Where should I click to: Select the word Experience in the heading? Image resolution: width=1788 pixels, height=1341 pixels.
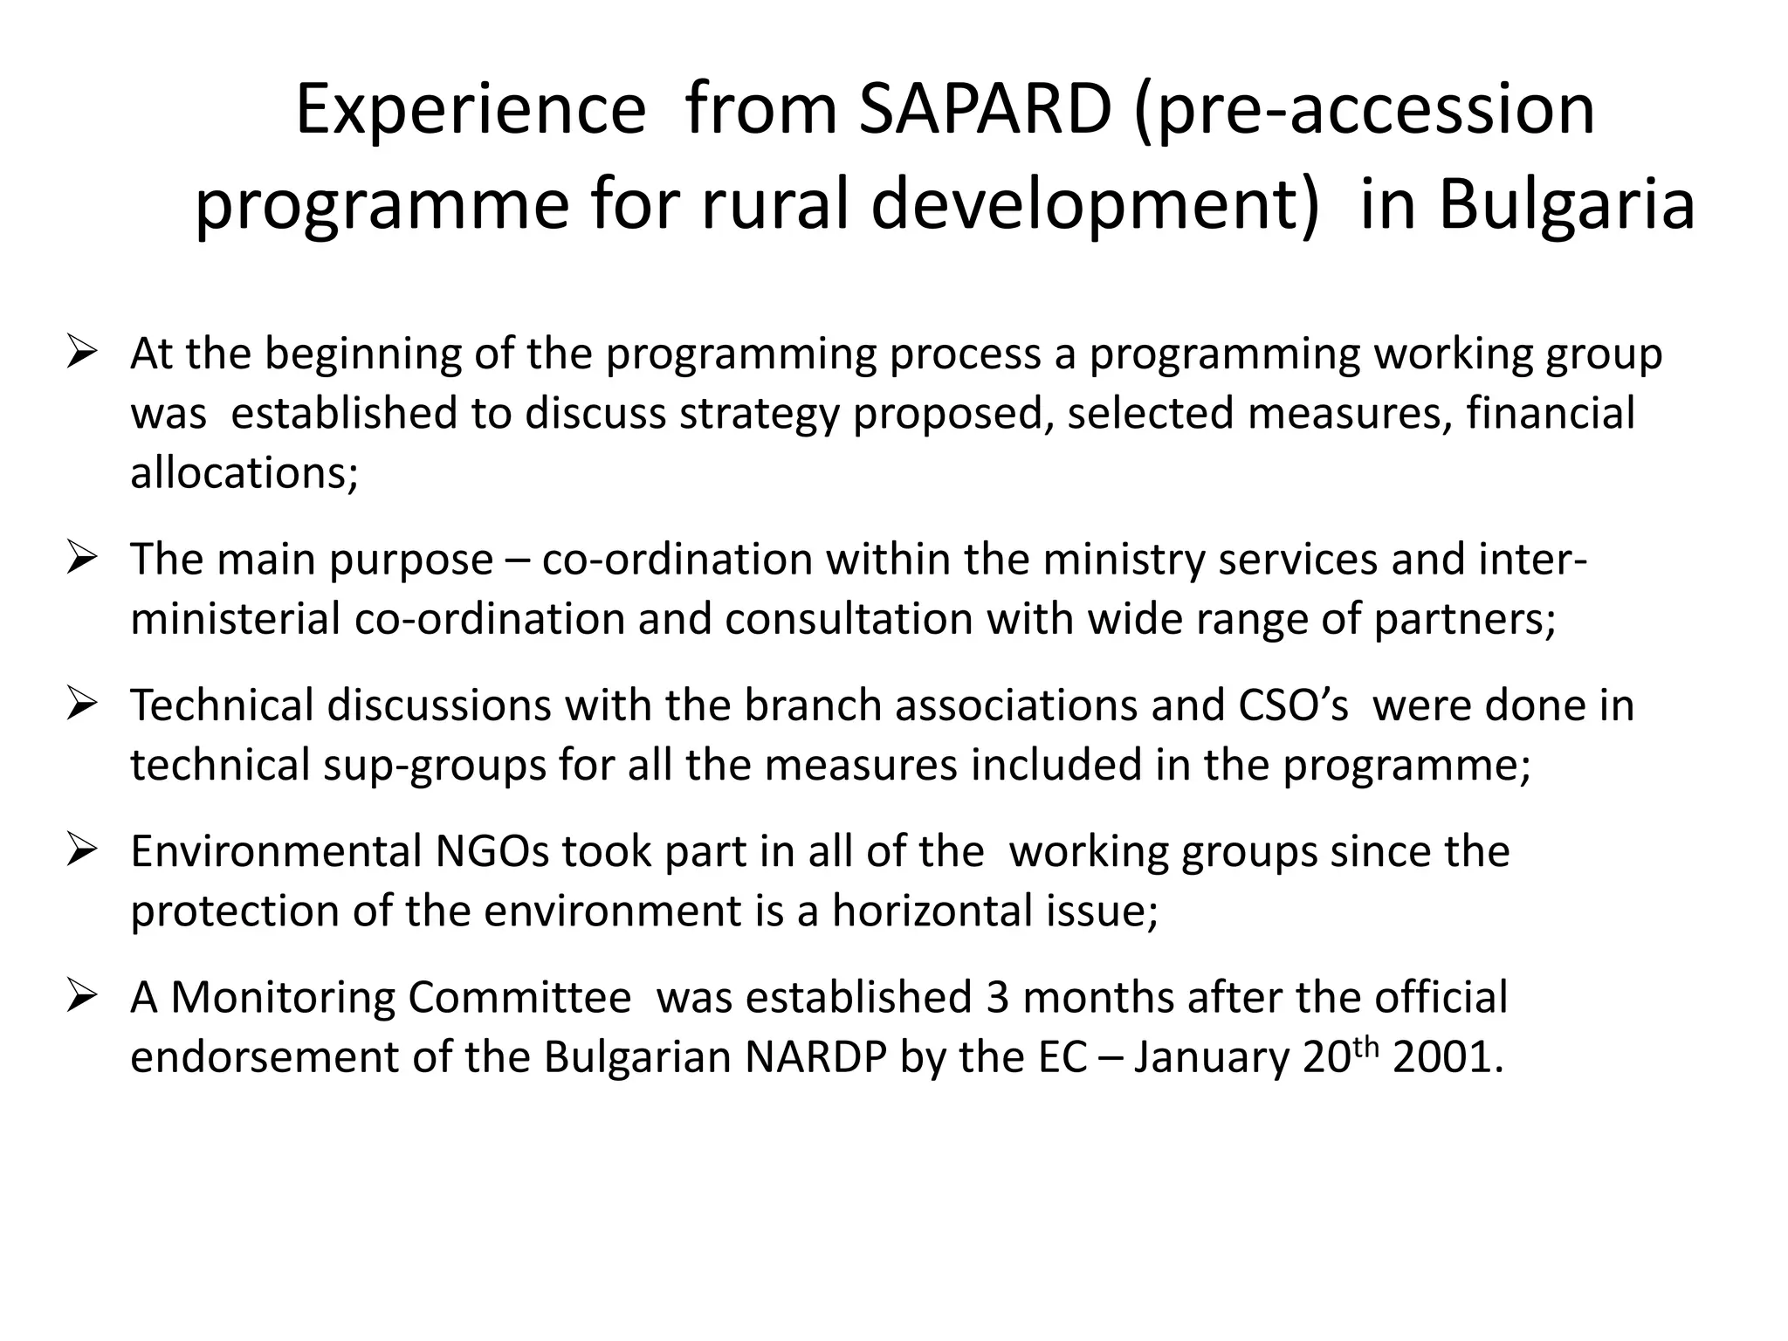point(471,111)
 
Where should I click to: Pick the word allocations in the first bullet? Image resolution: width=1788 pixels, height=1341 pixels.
point(244,473)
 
